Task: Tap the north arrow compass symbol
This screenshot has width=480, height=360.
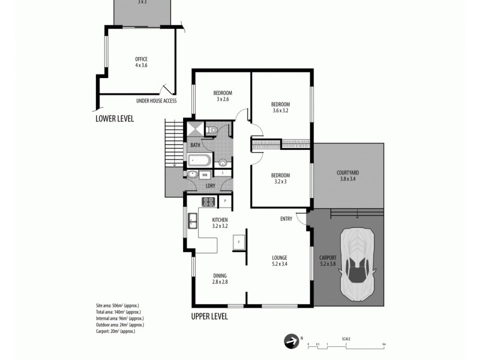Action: (290, 341)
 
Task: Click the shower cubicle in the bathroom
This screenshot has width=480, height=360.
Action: (195, 130)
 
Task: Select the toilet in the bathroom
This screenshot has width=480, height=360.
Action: (211, 130)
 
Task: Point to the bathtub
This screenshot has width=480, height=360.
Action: (199, 160)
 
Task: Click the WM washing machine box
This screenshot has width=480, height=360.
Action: (205, 175)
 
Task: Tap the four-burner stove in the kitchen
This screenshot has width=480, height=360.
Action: (208, 202)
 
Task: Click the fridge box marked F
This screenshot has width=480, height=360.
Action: (239, 242)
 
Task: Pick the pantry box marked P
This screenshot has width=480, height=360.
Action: (225, 202)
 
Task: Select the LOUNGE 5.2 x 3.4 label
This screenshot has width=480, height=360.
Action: (280, 260)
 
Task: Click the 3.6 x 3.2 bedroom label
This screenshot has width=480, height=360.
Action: (281, 107)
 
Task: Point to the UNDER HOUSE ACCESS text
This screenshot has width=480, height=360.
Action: (156, 101)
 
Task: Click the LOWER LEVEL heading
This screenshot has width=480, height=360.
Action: (115, 119)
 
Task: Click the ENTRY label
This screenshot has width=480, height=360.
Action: (286, 219)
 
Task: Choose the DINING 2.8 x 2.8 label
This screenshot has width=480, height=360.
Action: (220, 278)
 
